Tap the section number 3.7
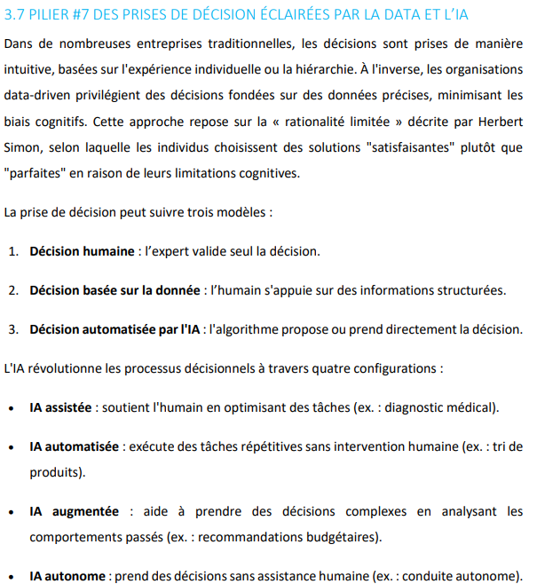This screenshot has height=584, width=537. pos(15,15)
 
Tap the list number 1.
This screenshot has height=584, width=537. pos(13,251)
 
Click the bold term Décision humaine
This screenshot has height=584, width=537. pos(82,251)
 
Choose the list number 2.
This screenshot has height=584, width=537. pos(13,290)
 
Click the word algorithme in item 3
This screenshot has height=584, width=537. pos(248,329)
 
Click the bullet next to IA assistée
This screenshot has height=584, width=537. pos(10,408)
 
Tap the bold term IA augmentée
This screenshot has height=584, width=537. pos(75,511)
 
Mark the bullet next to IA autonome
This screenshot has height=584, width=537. pos(10,576)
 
